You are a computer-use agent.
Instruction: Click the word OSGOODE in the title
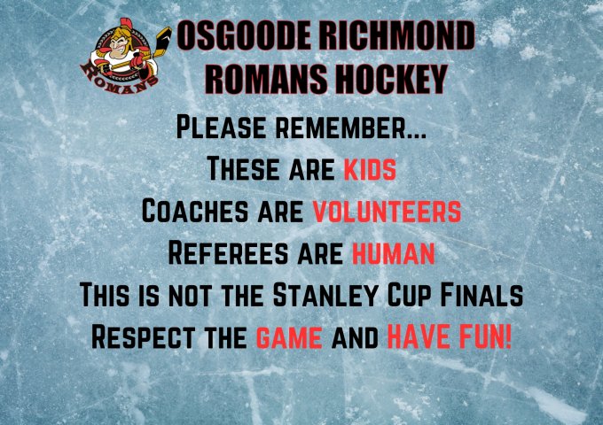(x=244, y=35)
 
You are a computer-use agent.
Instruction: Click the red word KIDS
(x=370, y=169)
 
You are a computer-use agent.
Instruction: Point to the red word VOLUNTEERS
(x=387, y=211)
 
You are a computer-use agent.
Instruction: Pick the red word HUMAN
(x=394, y=253)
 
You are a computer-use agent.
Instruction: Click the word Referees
(x=228, y=253)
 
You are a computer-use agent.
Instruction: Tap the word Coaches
(x=195, y=211)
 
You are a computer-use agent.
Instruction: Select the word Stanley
(x=325, y=295)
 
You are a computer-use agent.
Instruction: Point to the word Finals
(x=482, y=295)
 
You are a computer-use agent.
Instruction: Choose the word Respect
(x=143, y=337)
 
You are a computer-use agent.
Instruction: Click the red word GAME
(x=289, y=337)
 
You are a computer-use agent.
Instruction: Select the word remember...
(x=351, y=127)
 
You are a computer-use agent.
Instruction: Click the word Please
(x=221, y=127)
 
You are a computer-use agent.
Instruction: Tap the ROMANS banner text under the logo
(x=117, y=81)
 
